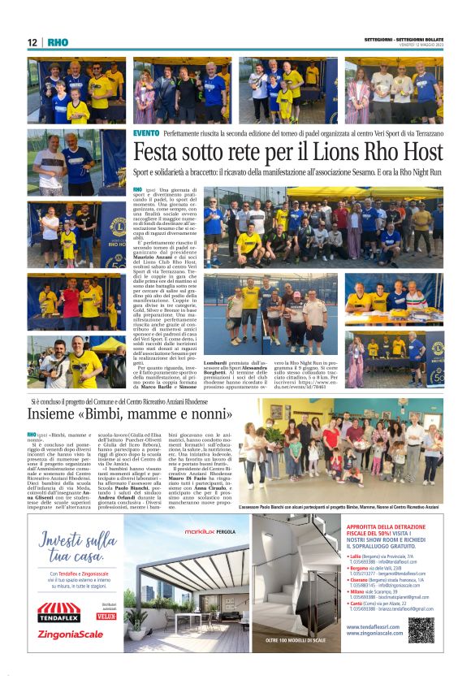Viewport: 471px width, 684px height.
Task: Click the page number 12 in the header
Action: tap(32, 42)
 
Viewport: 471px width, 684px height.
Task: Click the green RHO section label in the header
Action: tap(58, 42)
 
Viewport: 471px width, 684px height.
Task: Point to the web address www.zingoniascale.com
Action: tap(377, 632)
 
